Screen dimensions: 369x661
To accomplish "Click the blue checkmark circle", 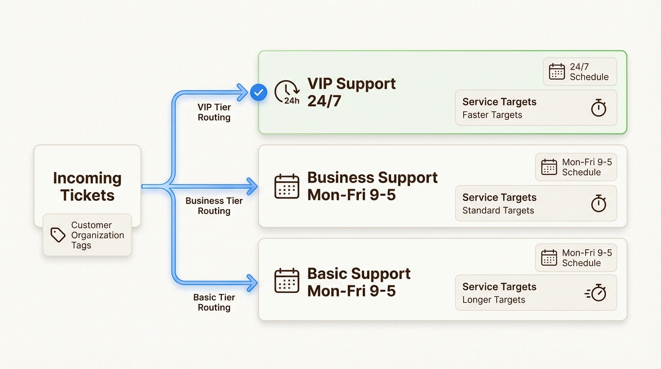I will point(258,92).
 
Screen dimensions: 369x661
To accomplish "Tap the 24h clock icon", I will point(287,92).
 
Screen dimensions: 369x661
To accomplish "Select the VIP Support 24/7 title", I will point(352,92).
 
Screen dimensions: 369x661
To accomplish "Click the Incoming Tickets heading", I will point(87,186).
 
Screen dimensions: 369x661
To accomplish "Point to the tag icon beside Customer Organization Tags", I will point(58,235).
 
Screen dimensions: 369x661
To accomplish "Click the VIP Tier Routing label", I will point(214,112).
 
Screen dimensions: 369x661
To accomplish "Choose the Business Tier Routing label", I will point(214,206).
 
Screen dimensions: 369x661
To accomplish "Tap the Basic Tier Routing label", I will point(214,302).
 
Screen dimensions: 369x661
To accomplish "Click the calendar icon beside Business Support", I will point(287,186).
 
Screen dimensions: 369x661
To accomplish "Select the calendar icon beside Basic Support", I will point(287,281).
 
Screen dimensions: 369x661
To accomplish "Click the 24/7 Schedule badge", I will point(580,72).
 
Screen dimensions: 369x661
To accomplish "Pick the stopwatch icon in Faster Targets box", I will point(598,108).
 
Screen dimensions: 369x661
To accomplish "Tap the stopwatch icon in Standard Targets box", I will point(598,204).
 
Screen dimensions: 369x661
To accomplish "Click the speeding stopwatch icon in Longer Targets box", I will point(596,293).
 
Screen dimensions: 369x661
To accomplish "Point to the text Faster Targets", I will point(492,115).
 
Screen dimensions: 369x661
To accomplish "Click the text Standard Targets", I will point(498,210).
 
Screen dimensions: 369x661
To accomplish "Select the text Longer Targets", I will point(493,300).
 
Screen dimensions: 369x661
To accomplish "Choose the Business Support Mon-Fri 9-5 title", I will point(372,186).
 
